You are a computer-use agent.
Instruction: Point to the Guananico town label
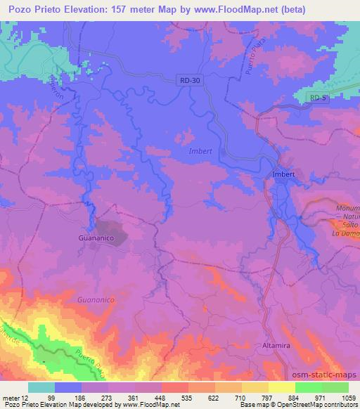95,238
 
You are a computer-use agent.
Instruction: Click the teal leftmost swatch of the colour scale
41,387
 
